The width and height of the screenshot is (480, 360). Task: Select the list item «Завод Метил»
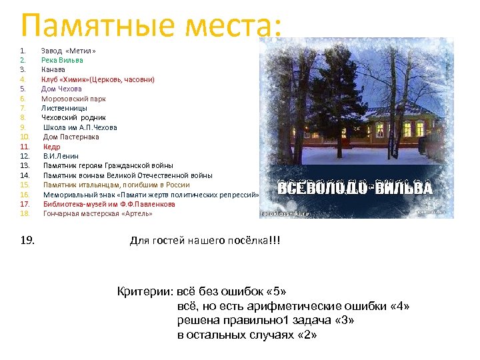69,51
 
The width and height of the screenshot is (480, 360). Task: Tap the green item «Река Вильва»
62,60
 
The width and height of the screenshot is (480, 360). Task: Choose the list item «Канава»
53,69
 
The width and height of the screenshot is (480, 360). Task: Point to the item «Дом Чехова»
61,89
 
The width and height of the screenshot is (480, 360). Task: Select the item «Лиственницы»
64,108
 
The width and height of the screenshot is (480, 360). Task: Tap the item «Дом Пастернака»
71,137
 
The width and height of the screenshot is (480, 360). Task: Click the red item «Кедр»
52,147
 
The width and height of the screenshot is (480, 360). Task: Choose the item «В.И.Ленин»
61,156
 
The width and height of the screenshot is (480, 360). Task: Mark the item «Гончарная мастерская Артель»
97,213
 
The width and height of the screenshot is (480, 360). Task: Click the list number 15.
25,185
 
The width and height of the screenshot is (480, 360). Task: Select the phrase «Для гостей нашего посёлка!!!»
205,240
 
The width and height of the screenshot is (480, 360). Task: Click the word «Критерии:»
146,292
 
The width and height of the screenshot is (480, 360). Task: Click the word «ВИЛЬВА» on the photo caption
405,188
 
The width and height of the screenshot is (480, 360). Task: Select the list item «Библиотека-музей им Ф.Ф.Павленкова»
109,204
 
